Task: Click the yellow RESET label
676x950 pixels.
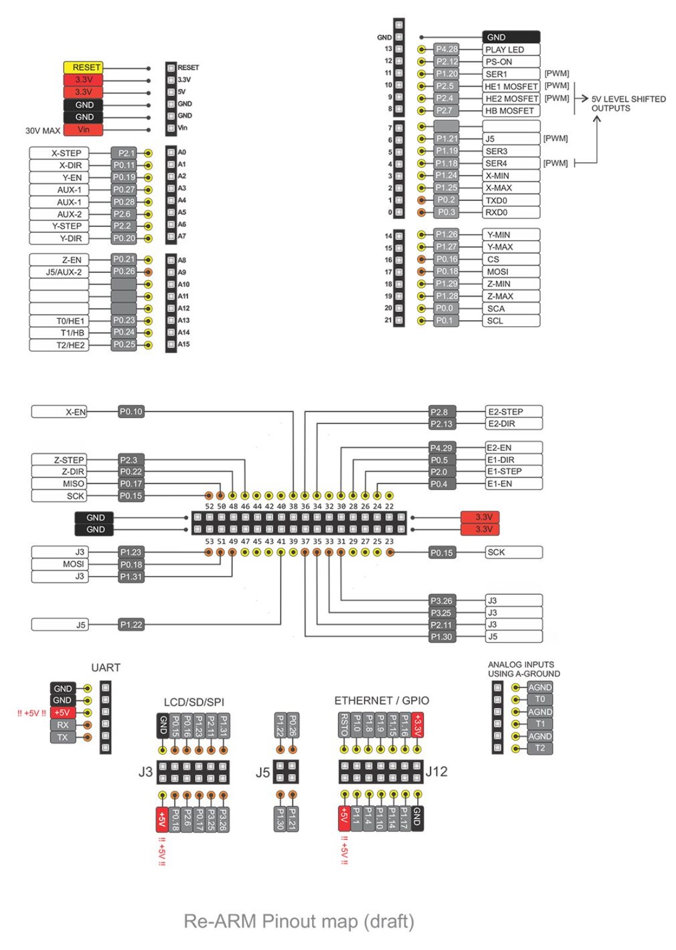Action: (x=83, y=67)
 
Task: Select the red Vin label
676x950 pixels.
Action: (x=83, y=129)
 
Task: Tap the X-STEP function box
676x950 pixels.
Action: (x=59, y=153)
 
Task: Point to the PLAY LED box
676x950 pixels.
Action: (x=511, y=50)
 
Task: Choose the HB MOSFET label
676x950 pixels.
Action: (x=511, y=111)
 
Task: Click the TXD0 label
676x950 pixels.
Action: (x=511, y=200)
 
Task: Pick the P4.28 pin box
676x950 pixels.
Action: (x=446, y=49)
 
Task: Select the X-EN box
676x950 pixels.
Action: (x=59, y=412)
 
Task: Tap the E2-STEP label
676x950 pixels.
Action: (x=514, y=411)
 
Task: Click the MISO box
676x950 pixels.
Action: (x=59, y=483)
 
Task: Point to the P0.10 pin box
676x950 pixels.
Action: (x=131, y=411)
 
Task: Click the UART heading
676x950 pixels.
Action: (x=106, y=667)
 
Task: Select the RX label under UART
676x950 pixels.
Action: (x=63, y=725)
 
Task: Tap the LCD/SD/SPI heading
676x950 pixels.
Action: (x=194, y=702)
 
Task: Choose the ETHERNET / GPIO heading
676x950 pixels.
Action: (x=382, y=700)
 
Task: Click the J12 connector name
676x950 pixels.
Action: (x=437, y=771)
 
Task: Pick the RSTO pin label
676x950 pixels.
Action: (x=344, y=724)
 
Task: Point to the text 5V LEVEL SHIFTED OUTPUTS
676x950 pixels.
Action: (x=628, y=103)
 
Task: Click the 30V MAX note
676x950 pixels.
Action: (x=43, y=131)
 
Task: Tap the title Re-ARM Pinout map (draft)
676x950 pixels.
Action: (x=299, y=921)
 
